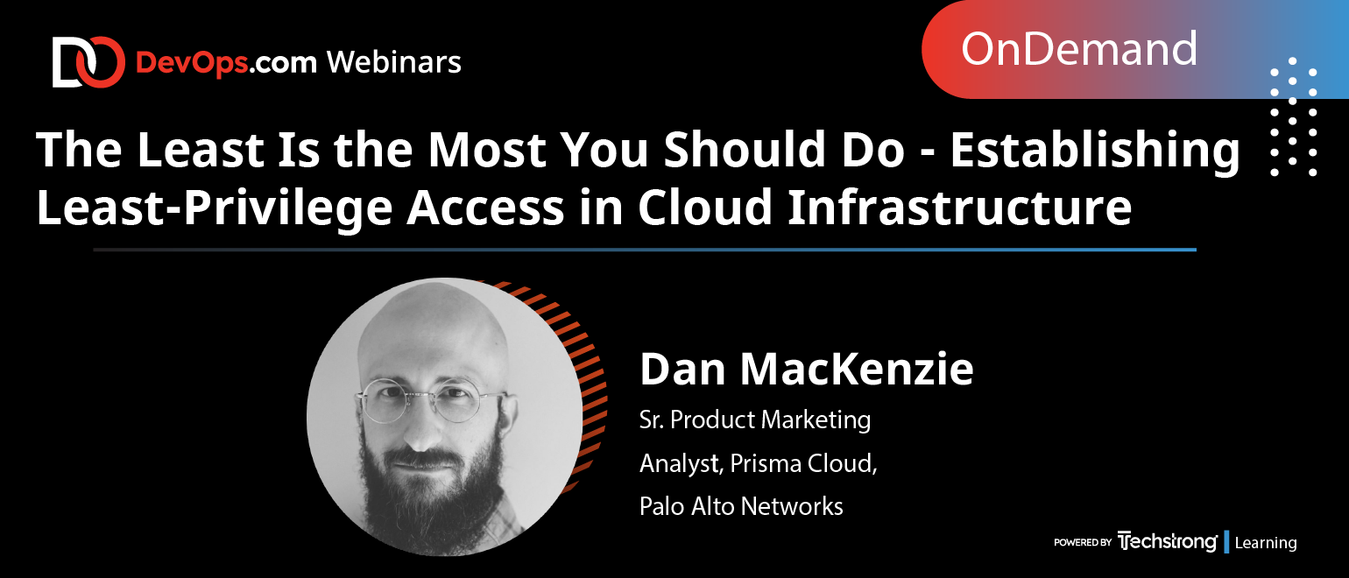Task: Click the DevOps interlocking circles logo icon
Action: point(88,62)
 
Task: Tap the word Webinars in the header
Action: point(394,62)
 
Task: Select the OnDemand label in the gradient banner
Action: point(1078,49)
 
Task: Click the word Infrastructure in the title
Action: point(960,207)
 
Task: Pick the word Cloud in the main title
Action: point(705,207)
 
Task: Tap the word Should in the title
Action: point(745,149)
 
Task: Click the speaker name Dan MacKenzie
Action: point(807,369)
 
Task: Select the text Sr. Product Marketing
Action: point(755,419)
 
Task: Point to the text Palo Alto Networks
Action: point(741,506)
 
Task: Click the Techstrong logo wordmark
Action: point(1167,542)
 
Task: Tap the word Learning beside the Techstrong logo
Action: point(1265,542)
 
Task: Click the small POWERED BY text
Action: point(1082,542)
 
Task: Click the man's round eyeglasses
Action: point(431,400)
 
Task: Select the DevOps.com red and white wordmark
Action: point(226,63)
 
